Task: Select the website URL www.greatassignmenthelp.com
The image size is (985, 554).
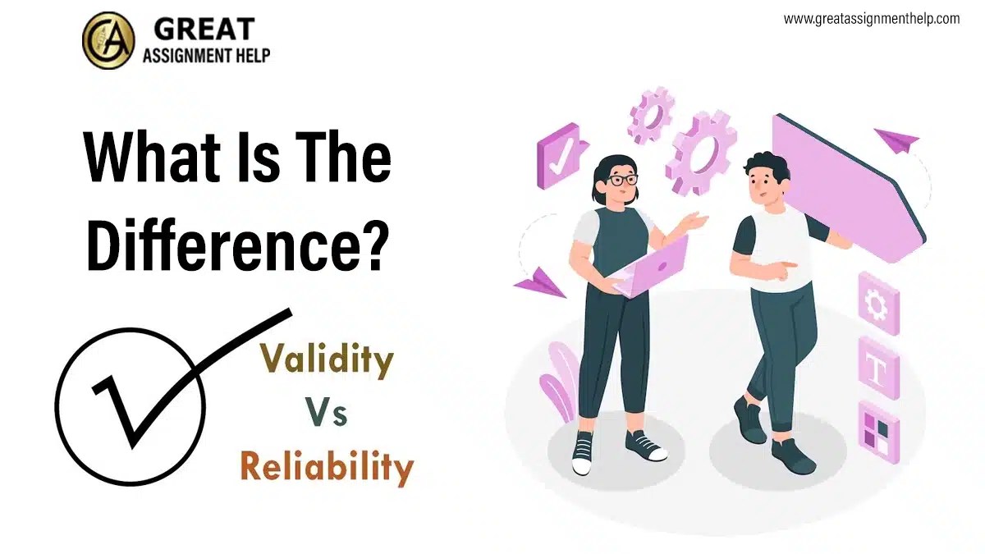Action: tap(871, 18)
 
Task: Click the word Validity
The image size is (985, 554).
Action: tap(327, 361)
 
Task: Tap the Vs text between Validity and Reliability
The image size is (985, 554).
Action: tap(327, 414)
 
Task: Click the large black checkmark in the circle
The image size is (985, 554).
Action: tap(164, 378)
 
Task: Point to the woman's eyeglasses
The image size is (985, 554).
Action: tap(621, 180)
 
